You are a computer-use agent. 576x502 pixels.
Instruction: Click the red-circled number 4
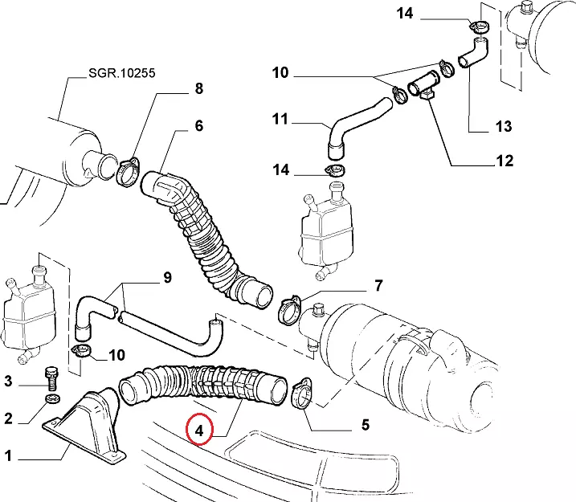point(200,429)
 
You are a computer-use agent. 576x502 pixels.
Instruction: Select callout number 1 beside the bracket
point(9,457)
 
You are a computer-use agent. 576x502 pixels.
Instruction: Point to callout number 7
point(378,285)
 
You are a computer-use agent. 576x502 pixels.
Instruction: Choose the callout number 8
point(200,90)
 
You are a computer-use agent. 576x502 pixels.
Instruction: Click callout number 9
point(167,278)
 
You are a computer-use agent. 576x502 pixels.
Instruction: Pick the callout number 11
point(280,120)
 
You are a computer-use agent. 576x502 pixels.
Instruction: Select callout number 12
point(504,161)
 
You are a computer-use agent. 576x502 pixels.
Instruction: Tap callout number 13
point(503,125)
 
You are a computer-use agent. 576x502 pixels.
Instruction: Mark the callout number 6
point(198,125)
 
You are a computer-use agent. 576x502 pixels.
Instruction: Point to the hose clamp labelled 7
point(290,308)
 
